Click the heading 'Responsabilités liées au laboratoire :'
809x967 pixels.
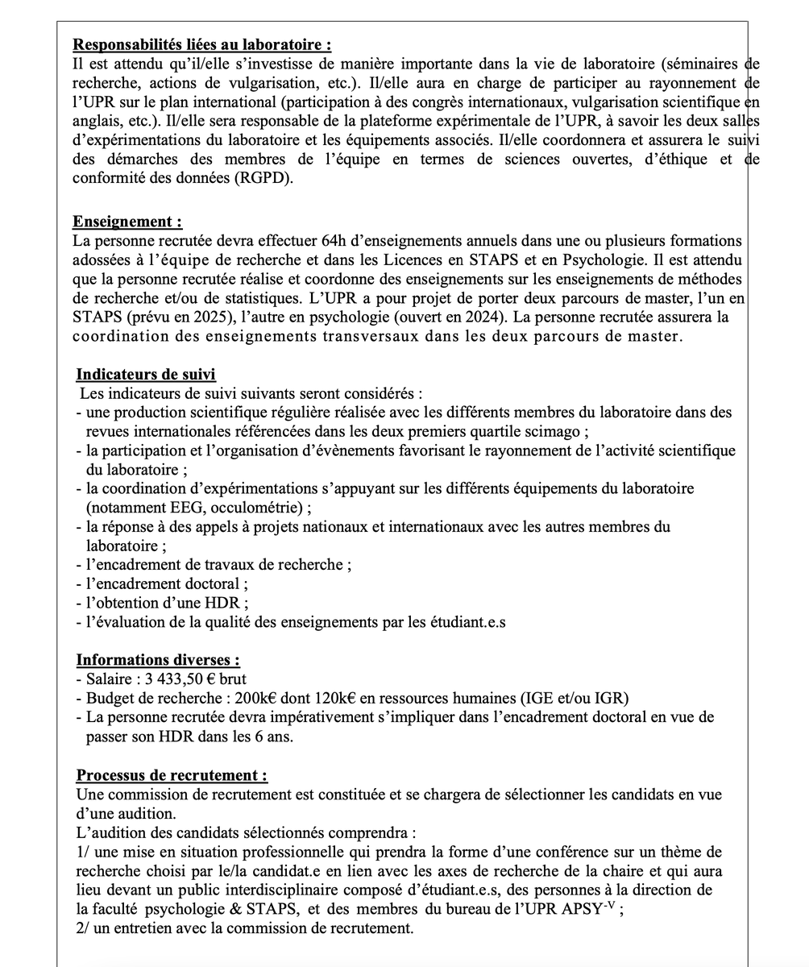coord(201,45)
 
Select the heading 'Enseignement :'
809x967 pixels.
coord(127,222)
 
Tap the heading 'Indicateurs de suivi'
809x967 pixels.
coord(146,375)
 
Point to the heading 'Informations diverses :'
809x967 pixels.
coord(158,660)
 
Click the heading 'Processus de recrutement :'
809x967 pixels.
coord(172,775)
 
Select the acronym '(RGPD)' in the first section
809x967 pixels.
coord(266,179)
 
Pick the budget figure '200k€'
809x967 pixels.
coord(208,698)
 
